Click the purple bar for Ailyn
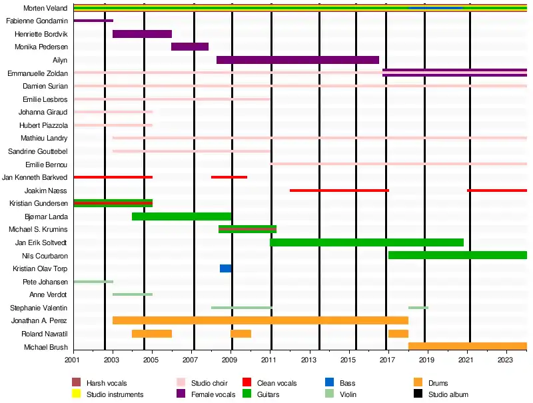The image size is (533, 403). pos(298,60)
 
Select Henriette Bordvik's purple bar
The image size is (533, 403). pos(142,34)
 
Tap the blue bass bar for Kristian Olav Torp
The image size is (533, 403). pos(226,268)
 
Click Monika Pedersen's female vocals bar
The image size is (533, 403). pos(190,47)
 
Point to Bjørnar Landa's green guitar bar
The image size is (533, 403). pos(181,216)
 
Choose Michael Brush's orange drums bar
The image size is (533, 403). pos(467,346)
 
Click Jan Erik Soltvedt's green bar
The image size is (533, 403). pos(366,242)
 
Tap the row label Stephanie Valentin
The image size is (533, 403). pos(39,308)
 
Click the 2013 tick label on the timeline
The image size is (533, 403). pos(308,360)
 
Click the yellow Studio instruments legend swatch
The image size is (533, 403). pos(76,394)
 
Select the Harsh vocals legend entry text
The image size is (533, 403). pos(107,383)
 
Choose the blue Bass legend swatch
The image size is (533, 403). pos(329,383)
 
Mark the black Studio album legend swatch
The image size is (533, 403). pos(418,394)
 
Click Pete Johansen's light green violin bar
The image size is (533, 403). pos(93,282)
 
